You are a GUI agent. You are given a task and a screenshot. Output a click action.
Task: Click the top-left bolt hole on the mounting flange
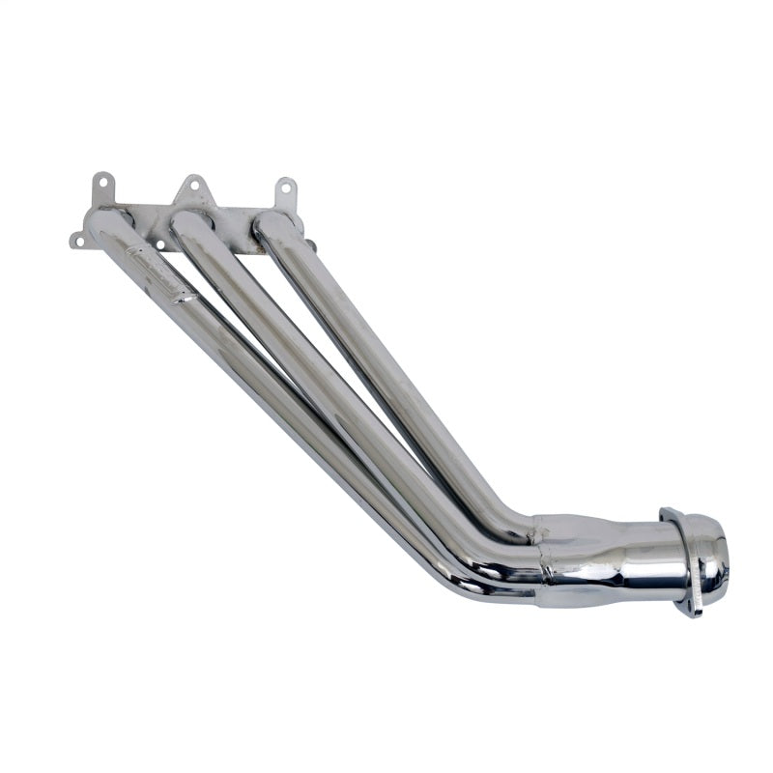[100, 179]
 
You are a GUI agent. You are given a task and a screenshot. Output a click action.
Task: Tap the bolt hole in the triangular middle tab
[192, 183]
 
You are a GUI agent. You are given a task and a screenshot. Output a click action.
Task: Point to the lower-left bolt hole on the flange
[76, 240]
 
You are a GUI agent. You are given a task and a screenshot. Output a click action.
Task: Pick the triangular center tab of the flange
[191, 189]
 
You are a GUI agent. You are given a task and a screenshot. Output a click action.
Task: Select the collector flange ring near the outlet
[679, 560]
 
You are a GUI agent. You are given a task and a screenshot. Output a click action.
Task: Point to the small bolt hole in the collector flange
[688, 607]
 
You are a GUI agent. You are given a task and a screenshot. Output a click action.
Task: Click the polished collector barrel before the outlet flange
[618, 560]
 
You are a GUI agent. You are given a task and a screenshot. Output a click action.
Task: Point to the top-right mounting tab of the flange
[285, 190]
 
